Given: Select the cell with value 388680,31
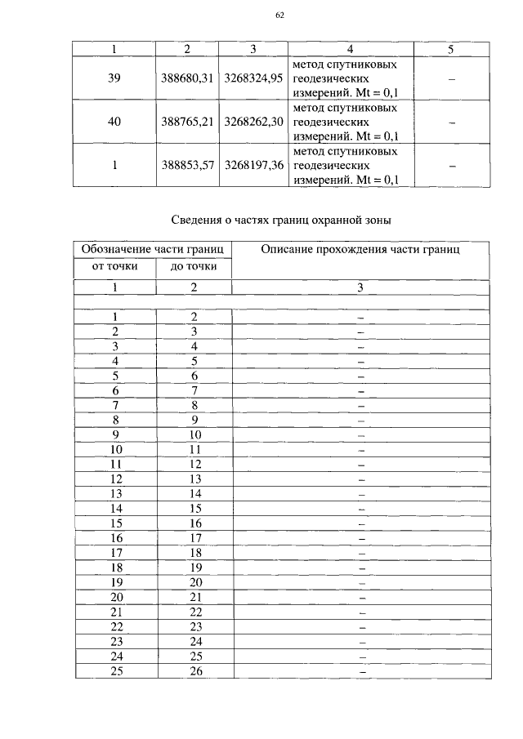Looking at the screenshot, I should coord(187,78).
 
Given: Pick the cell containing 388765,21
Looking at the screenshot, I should coord(187,122).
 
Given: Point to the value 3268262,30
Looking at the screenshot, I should coord(253,122).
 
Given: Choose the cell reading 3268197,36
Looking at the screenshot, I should coord(253,166).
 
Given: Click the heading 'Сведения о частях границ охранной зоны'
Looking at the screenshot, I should coord(281,220).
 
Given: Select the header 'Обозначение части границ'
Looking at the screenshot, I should coord(153,249).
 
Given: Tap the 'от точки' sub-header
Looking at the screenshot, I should coord(115,266).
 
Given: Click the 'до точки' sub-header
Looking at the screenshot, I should coord(194,266).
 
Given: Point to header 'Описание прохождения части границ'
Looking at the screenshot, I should coord(360,249).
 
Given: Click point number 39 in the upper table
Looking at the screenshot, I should coord(115,78).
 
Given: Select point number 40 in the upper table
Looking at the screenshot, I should coord(115,122).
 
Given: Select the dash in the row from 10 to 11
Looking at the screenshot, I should coord(360,449).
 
